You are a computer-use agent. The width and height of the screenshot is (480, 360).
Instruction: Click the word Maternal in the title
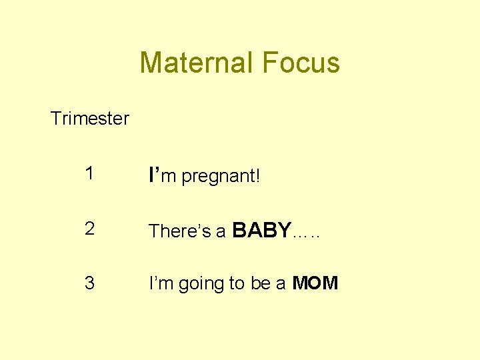(x=197, y=63)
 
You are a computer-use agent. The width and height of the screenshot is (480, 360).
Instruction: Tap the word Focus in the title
(x=301, y=63)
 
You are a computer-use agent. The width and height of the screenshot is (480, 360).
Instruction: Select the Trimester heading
(x=90, y=119)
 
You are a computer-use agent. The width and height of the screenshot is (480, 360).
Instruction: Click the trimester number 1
(x=89, y=174)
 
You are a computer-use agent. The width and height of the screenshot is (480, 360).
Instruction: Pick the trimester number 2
(x=89, y=229)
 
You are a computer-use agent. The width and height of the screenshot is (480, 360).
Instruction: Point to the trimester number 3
(x=89, y=283)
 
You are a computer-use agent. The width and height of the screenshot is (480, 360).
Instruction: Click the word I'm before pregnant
(x=163, y=175)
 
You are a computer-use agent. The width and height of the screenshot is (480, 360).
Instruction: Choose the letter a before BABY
(x=221, y=232)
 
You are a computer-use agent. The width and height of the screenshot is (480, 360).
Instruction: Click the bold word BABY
(x=261, y=230)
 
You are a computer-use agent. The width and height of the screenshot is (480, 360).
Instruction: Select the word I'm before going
(x=159, y=283)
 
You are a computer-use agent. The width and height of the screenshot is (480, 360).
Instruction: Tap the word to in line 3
(x=237, y=284)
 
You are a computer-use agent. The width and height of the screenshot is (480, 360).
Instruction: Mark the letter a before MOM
(x=281, y=285)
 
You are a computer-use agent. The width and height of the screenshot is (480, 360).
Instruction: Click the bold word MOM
(x=315, y=283)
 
